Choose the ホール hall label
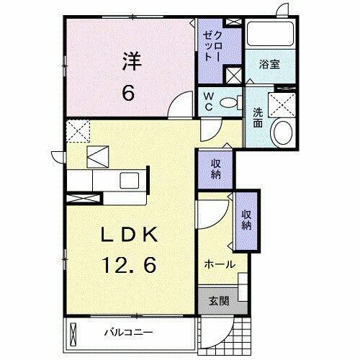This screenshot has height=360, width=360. pos(220,265)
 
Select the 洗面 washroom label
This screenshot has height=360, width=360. pos(258,118)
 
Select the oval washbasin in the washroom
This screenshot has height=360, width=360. pos(282,132)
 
